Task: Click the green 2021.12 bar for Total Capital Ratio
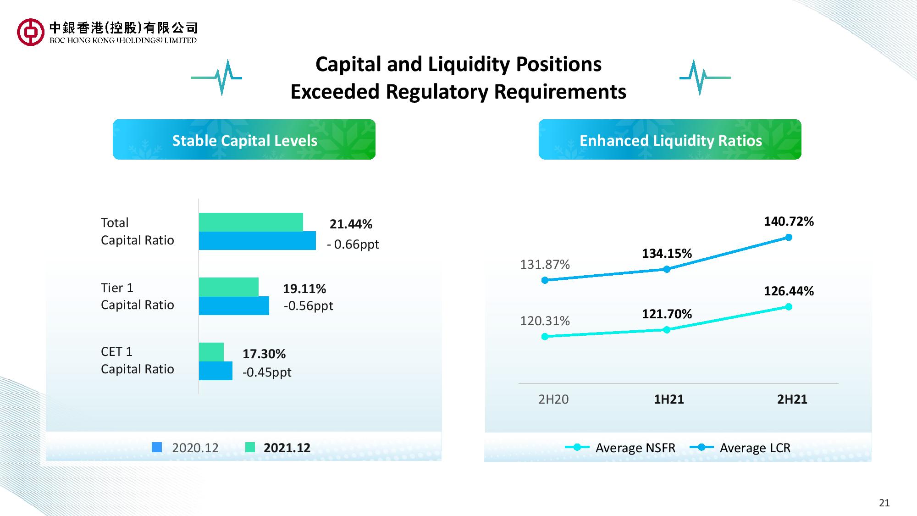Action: click(251, 222)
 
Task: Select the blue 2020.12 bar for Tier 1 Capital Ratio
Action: click(234, 306)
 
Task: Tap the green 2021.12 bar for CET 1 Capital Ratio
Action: click(211, 352)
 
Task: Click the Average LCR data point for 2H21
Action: click(789, 237)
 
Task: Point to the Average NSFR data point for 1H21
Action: click(667, 330)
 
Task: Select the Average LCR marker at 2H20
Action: click(545, 280)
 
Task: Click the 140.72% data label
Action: click(789, 222)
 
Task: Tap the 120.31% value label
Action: click(545, 321)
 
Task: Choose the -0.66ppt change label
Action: click(353, 244)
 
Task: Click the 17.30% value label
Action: click(264, 354)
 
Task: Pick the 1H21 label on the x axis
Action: click(668, 399)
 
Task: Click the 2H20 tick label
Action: click(553, 399)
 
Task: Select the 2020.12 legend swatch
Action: click(157, 448)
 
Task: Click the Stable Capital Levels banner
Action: click(244, 139)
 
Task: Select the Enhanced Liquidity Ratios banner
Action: click(670, 139)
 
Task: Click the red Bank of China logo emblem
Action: click(30, 32)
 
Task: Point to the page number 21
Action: click(884, 503)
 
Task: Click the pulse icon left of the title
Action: click(216, 77)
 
